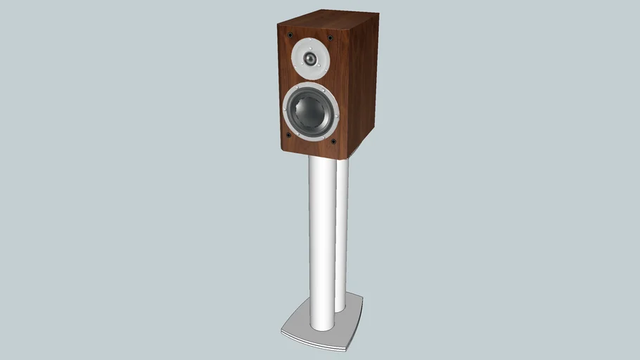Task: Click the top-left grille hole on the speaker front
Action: [288, 33]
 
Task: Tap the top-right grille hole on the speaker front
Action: [329, 37]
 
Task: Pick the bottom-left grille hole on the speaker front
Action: [288, 135]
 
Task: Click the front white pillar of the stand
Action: [321, 246]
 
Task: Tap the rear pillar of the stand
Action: [342, 232]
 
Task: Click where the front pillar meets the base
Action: [321, 330]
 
